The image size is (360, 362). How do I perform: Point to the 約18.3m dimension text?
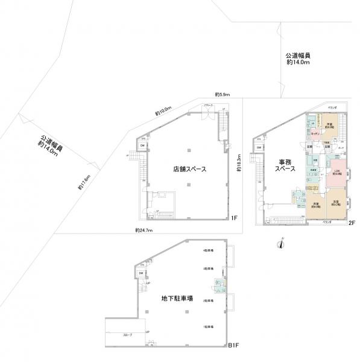[x=239, y=162]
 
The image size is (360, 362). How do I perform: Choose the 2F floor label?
[x=352, y=223]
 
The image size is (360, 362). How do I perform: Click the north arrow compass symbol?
[x=279, y=244]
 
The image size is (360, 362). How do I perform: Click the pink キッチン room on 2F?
[x=315, y=133]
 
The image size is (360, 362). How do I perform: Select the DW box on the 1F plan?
[x=142, y=145]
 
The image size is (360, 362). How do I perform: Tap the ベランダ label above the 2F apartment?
[x=332, y=107]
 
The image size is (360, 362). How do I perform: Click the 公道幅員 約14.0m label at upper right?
[x=298, y=59]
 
